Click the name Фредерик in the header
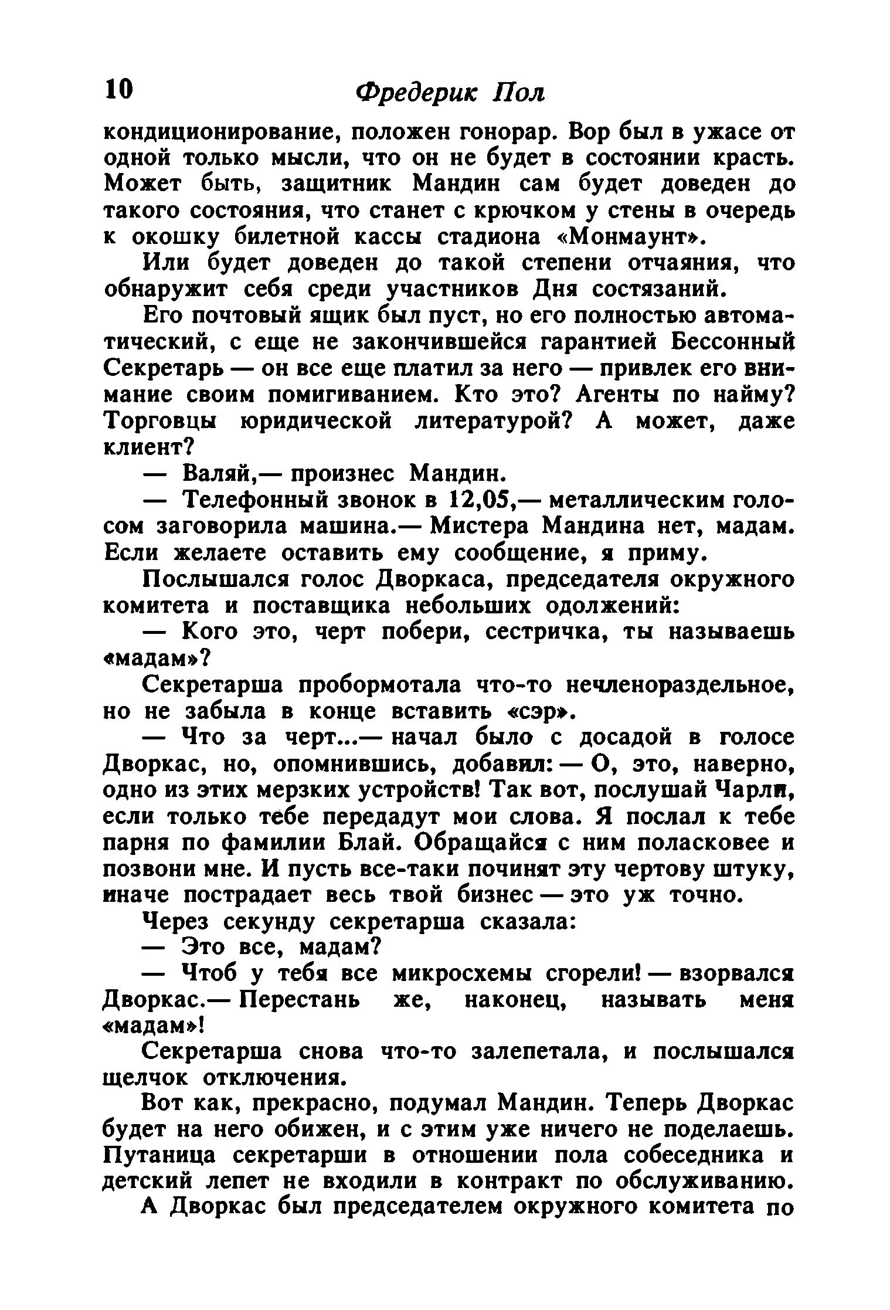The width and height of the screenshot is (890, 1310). pos(417,93)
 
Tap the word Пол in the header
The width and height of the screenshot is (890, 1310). pos(519,93)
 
